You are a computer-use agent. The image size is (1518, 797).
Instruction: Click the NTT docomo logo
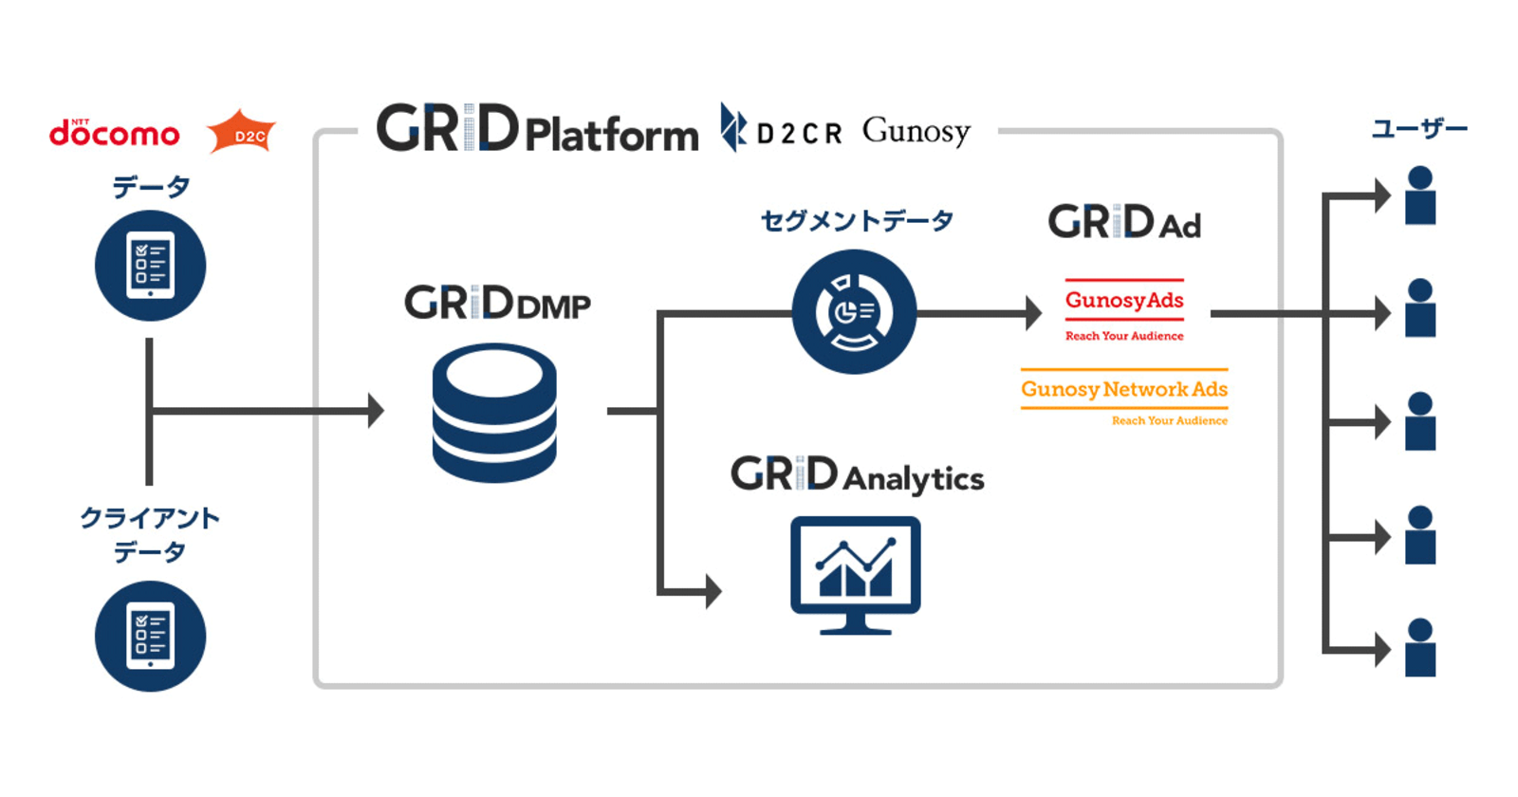[115, 133]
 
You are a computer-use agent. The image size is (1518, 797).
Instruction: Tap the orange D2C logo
[241, 132]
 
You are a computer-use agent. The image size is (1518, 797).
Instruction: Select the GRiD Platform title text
[537, 128]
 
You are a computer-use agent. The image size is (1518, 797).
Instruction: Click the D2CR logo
[781, 128]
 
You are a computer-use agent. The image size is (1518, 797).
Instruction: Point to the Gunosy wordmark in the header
[916, 132]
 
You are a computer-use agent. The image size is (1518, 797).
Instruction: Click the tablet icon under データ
[151, 265]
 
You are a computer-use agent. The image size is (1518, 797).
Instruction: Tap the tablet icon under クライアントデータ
[151, 636]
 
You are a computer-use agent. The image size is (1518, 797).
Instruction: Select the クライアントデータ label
[150, 535]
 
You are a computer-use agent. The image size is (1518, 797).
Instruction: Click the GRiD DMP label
[497, 303]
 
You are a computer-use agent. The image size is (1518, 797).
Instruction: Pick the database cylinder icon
[494, 413]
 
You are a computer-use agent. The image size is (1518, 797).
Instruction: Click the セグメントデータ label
[857, 221]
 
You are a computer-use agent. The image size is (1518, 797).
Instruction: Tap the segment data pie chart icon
[855, 312]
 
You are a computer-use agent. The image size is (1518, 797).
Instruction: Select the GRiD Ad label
[1124, 222]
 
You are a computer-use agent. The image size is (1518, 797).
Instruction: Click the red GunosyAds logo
[1124, 310]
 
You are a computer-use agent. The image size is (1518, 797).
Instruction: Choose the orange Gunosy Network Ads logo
[1124, 398]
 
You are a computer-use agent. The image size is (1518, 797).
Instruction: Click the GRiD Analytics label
[858, 474]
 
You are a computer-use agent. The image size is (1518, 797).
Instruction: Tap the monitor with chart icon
[855, 575]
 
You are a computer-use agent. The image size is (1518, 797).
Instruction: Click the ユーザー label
[1419, 129]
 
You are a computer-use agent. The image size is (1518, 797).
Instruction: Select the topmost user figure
[1420, 195]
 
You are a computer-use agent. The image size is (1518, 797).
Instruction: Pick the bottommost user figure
[1420, 648]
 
